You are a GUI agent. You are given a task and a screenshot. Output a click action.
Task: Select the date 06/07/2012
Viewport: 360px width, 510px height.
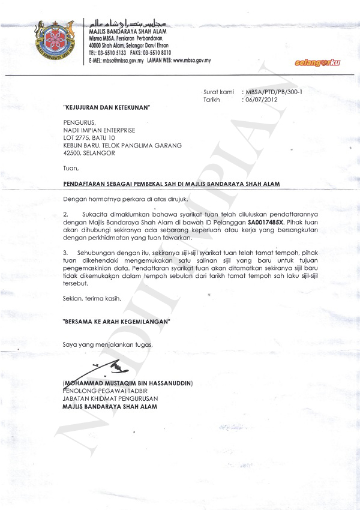[257, 100]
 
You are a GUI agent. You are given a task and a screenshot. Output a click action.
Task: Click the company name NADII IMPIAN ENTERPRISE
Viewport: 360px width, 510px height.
[99, 130]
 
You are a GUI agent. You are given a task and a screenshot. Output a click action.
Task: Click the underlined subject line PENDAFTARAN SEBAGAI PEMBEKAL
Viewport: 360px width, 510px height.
[172, 184]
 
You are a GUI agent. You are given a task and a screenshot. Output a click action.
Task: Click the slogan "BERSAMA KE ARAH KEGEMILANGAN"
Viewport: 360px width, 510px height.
[117, 322]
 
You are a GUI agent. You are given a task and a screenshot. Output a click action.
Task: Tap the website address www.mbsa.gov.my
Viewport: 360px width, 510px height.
[191, 61]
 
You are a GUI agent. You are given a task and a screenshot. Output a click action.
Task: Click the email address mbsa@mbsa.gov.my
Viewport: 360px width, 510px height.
[124, 61]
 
